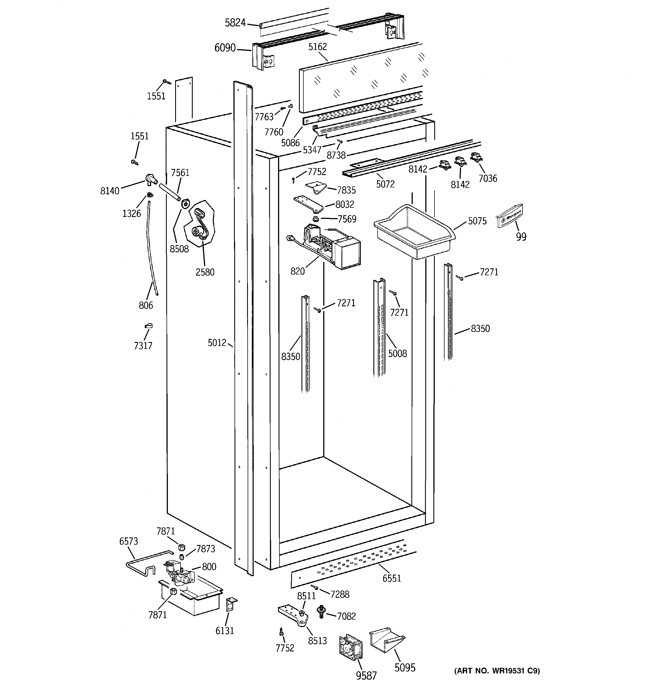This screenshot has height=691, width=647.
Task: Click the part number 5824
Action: tap(235, 23)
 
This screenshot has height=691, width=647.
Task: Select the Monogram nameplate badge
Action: tap(510, 216)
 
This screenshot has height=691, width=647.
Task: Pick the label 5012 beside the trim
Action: tap(217, 343)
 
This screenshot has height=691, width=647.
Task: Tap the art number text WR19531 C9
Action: tap(497, 671)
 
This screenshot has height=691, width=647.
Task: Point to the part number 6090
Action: tap(225, 48)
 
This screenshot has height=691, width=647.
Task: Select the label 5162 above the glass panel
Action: tap(317, 47)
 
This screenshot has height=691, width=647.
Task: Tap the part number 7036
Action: tap(487, 179)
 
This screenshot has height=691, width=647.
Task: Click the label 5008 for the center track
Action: tap(397, 353)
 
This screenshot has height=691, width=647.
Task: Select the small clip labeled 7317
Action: tap(149, 326)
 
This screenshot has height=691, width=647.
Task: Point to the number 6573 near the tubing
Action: tap(129, 541)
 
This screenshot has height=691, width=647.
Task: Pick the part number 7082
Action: tap(346, 616)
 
